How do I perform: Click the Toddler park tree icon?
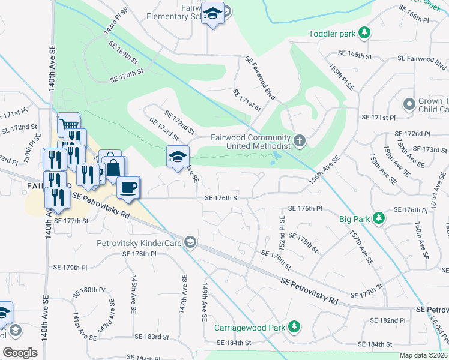[364, 31]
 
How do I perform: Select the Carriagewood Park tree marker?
[294, 326]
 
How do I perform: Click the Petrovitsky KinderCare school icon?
[191, 242]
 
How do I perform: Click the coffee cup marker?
[128, 187]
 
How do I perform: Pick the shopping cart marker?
[68, 125]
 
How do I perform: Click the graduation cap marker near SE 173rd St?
[178, 157]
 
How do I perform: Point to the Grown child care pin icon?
[410, 104]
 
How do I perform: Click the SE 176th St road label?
[222, 197]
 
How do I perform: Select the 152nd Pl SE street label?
[282, 230]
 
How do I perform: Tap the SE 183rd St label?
[152, 337]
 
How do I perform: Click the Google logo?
[20, 352]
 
